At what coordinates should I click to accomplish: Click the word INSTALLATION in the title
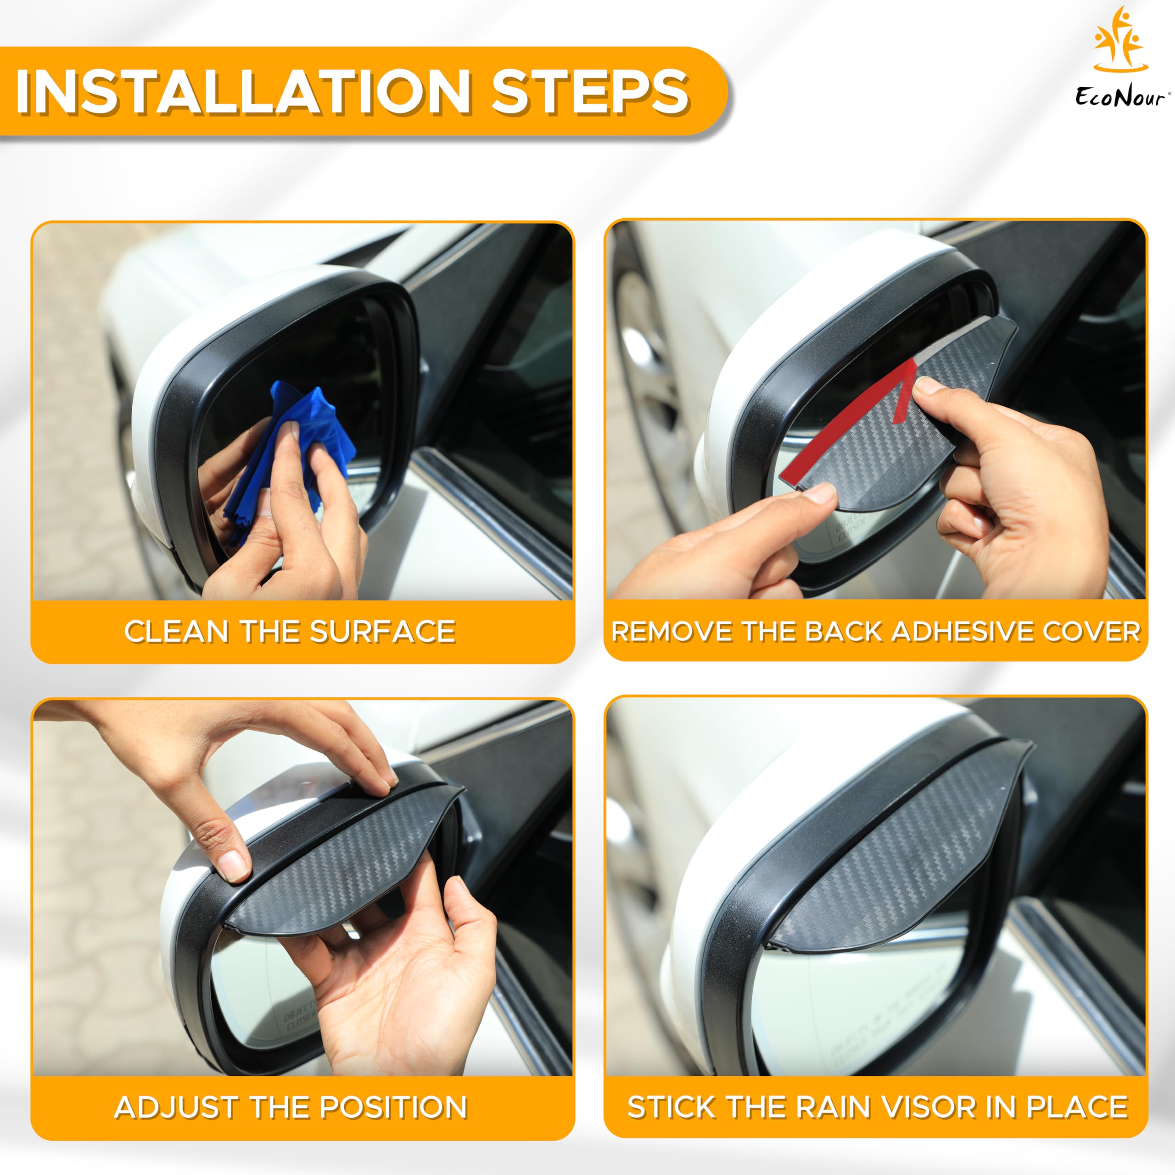(x=243, y=91)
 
